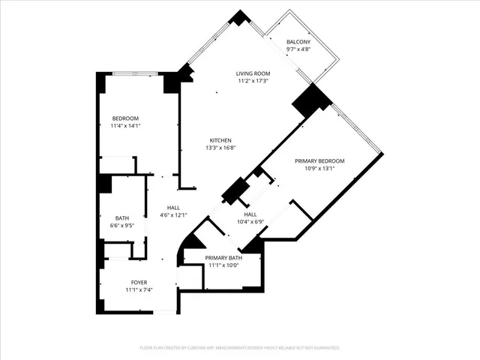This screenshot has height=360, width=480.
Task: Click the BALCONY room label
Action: tap(298, 42)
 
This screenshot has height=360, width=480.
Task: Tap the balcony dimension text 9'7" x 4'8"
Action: tap(298, 49)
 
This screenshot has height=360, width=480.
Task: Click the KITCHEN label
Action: tap(220, 140)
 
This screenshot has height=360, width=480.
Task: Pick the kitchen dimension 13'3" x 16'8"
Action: tap(220, 148)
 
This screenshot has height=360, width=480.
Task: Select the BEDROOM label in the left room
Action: tap(125, 118)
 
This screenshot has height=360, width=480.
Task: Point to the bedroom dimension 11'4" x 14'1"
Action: tap(125, 126)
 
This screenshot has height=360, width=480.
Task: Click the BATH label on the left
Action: tap(121, 218)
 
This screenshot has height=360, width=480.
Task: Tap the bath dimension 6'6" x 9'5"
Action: tap(121, 226)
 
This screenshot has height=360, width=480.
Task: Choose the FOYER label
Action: tap(139, 282)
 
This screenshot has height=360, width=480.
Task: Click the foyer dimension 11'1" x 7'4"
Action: tap(139, 289)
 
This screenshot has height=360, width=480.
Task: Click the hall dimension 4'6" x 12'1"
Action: tap(173, 215)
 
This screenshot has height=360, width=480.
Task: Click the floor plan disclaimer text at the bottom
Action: tap(240, 348)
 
